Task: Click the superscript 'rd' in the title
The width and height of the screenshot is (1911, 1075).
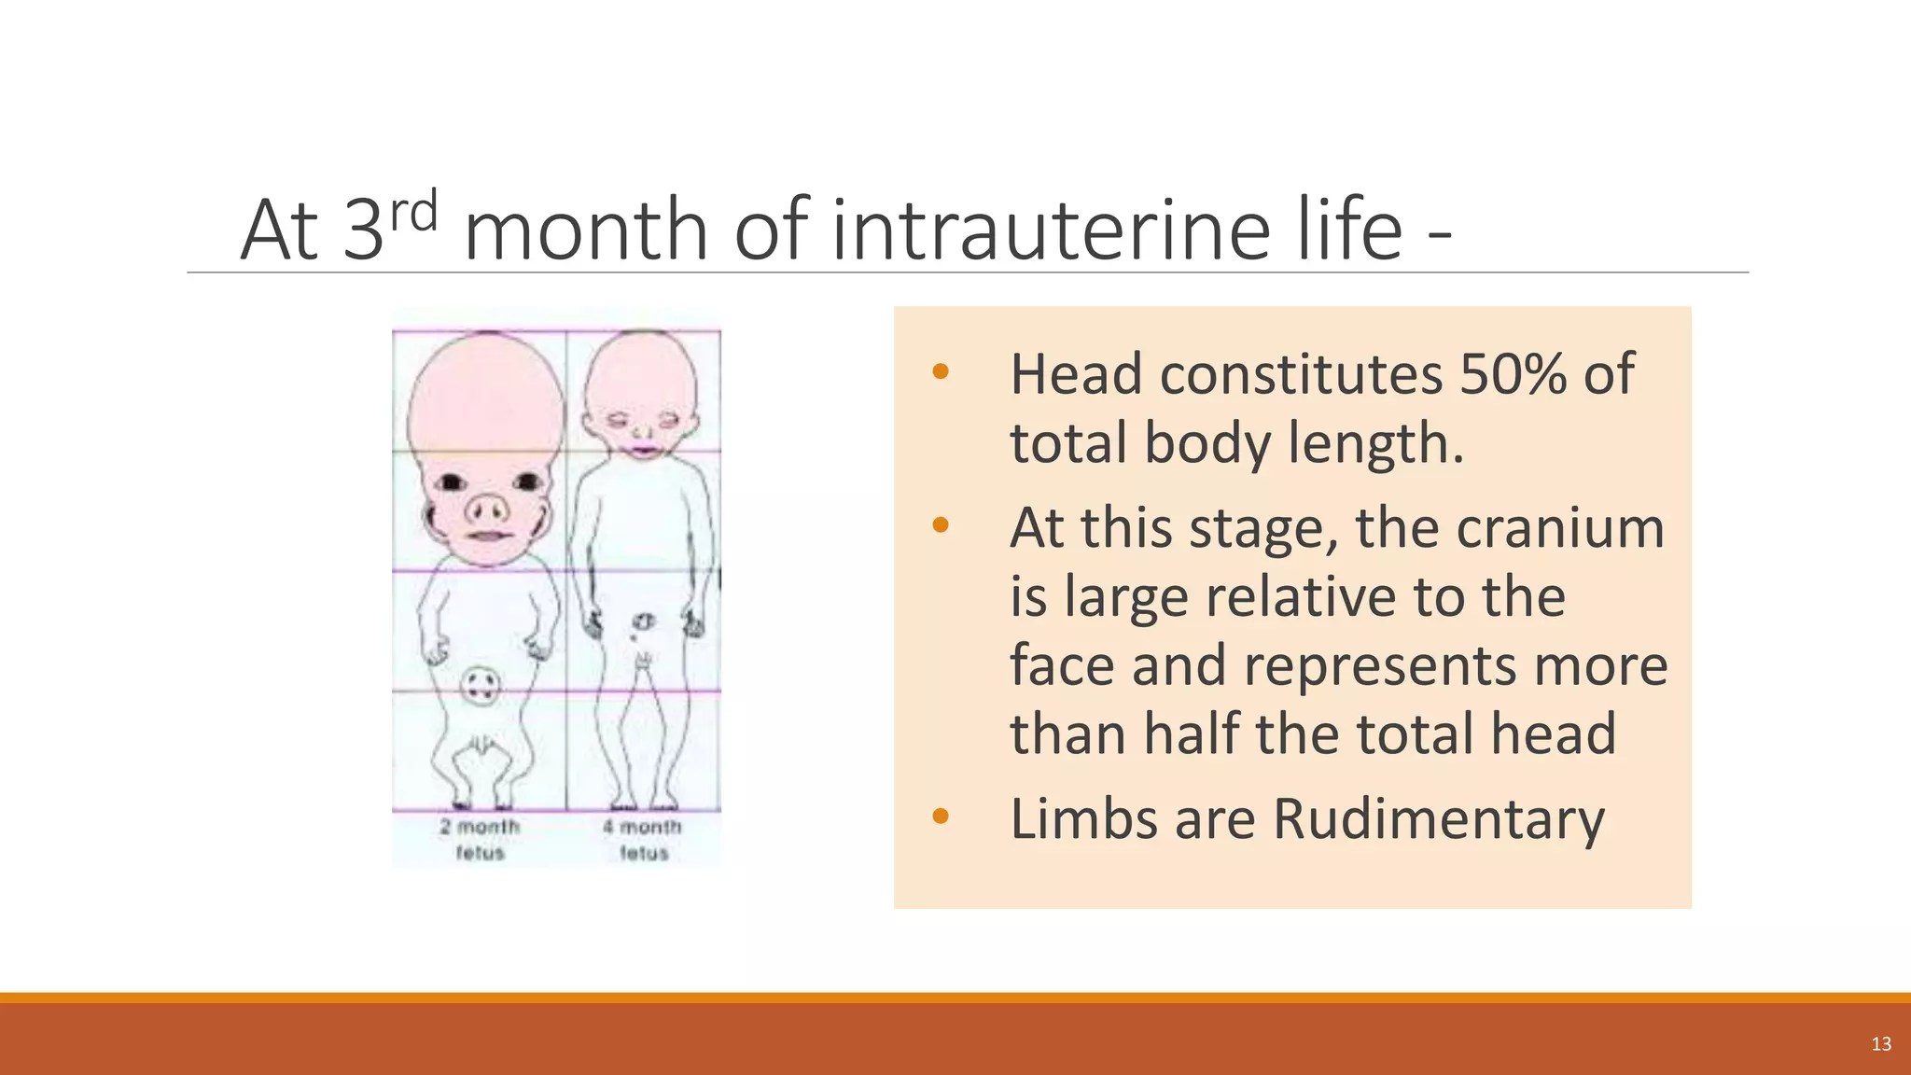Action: click(413, 212)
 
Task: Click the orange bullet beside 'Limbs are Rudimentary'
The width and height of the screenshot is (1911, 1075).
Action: click(940, 817)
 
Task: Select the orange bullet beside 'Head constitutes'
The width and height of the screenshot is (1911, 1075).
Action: click(940, 372)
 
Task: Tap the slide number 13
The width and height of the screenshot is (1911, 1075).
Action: click(1881, 1044)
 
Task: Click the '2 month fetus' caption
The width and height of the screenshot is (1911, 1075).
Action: click(480, 839)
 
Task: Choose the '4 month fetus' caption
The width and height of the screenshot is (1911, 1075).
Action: click(643, 839)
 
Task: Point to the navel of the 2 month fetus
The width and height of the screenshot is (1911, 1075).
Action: click(481, 686)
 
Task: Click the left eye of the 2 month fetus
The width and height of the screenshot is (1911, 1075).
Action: click(452, 482)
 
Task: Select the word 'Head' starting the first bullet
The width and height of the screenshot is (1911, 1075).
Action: click(1076, 374)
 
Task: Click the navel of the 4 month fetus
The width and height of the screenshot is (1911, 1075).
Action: click(644, 621)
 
